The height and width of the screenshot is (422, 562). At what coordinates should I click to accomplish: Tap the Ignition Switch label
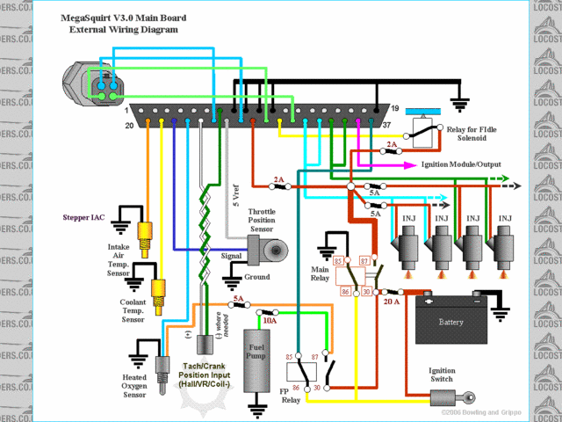pyautogui.click(x=441, y=375)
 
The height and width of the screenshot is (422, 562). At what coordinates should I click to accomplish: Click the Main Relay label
pyautogui.click(x=321, y=273)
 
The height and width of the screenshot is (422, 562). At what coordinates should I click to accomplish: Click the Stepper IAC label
pyautogui.click(x=83, y=216)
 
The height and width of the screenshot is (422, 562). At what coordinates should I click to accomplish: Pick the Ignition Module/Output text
pyautogui.click(x=462, y=164)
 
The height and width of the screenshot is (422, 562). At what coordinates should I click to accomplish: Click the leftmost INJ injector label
pyautogui.click(x=407, y=218)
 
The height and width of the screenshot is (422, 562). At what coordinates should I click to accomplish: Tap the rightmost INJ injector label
pyautogui.click(x=506, y=218)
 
